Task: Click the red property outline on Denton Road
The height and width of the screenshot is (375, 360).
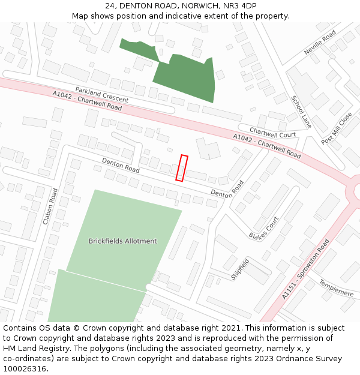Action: point(182,168)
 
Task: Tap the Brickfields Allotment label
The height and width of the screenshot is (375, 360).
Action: point(122,241)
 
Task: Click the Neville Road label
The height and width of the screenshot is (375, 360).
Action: point(320,44)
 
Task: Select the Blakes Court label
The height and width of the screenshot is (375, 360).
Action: point(264,227)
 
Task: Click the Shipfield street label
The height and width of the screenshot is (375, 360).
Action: point(240,269)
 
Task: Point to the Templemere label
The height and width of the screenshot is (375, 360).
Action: point(336,288)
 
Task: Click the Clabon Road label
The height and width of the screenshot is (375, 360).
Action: point(50,206)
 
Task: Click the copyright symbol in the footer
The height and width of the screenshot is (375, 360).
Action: point(76,328)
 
